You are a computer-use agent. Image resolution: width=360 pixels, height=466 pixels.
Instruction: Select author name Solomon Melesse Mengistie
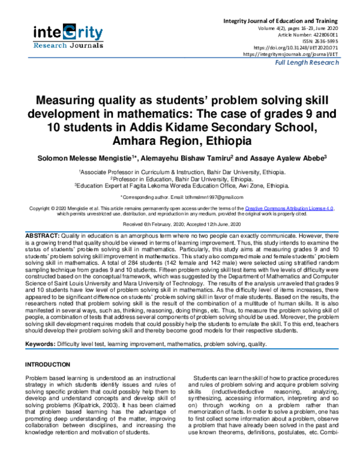click(72, 157)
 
